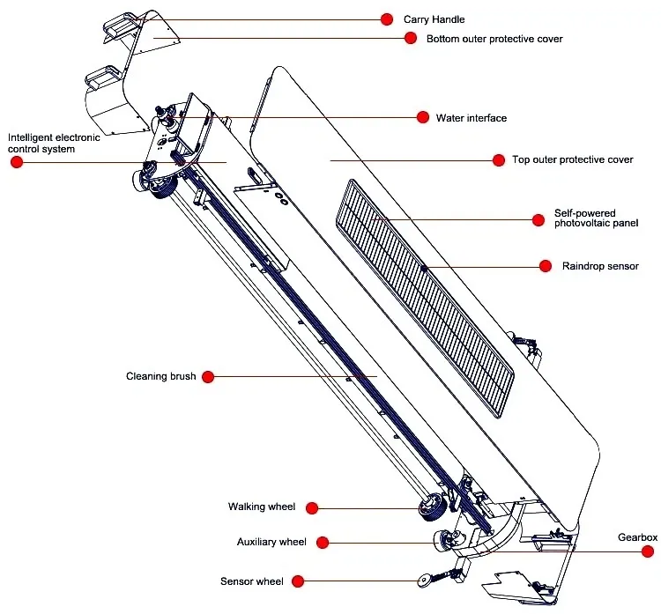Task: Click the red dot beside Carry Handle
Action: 386,18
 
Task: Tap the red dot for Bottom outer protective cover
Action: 410,38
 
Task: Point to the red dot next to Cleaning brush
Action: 208,376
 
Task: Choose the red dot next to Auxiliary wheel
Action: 322,542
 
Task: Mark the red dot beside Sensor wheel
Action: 298,581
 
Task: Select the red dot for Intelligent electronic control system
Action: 17,163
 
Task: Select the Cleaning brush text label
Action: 160,376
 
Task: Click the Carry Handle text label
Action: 434,19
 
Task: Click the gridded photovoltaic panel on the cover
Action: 423,291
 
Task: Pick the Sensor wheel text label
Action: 251,581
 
